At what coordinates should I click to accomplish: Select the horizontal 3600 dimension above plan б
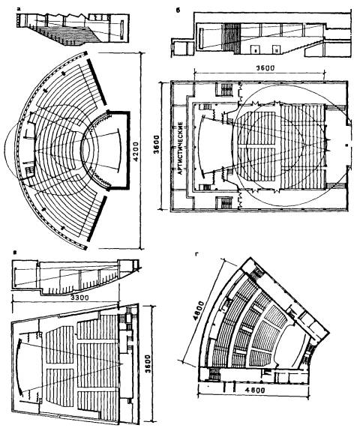click(265, 68)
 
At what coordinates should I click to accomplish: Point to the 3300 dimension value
click(79, 298)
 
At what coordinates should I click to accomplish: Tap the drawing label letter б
click(178, 10)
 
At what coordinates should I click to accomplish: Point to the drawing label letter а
click(19, 9)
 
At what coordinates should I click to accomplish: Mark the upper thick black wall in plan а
click(97, 82)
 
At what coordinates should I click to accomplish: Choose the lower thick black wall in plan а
click(97, 219)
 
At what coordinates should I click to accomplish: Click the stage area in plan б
click(214, 145)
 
